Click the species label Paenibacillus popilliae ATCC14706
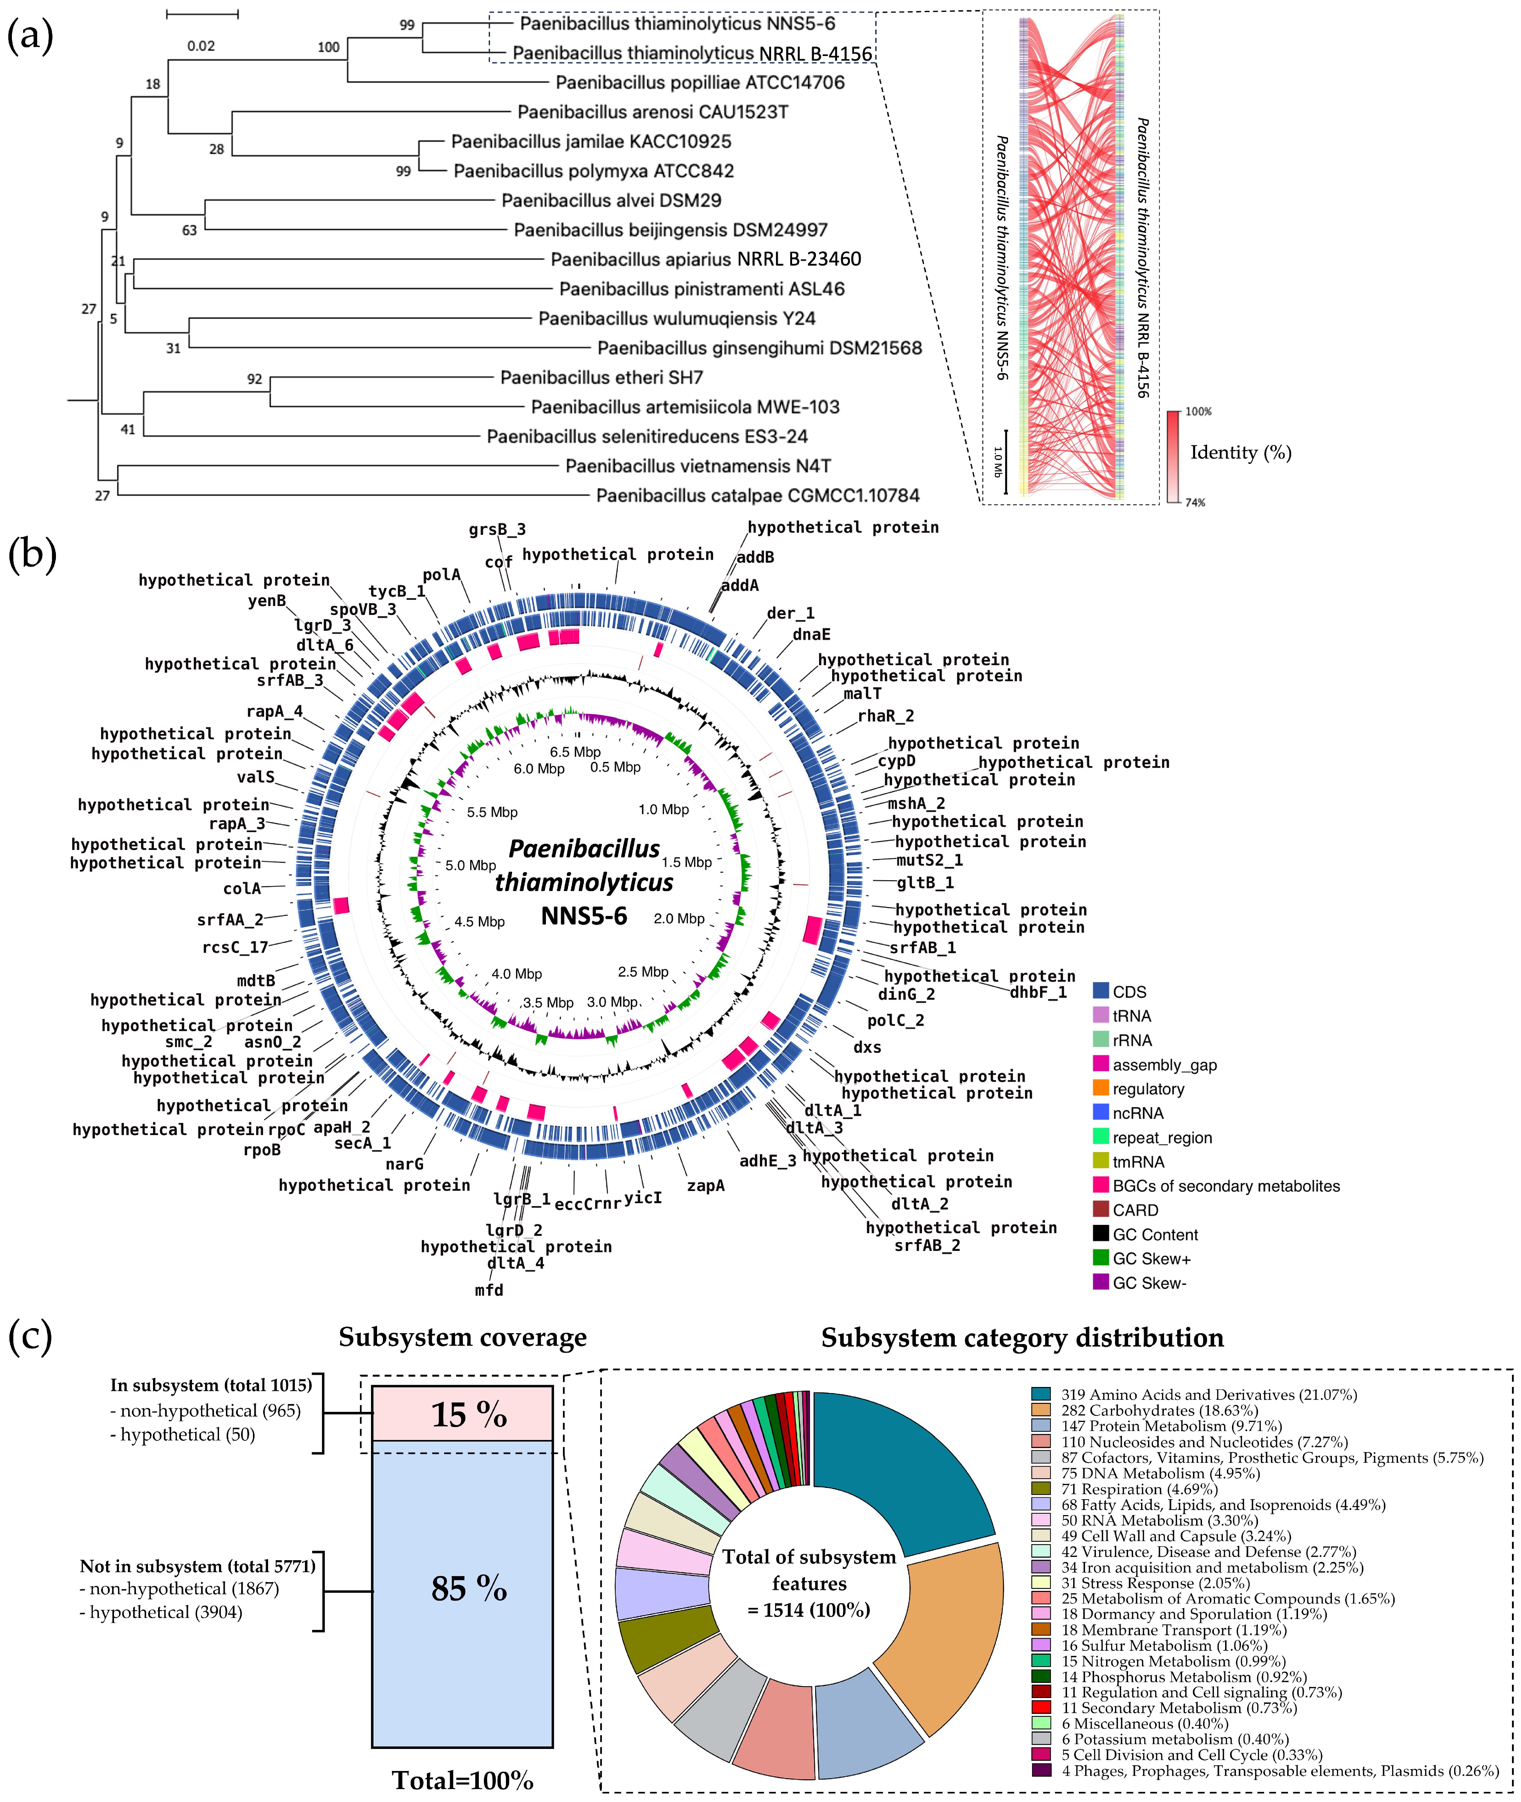tap(699, 83)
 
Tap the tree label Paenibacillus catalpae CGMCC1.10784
tap(757, 496)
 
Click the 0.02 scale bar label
tap(201, 46)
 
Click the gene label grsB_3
tap(497, 529)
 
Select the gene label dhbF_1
tap(1038, 992)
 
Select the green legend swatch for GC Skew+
tap(1100, 1259)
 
